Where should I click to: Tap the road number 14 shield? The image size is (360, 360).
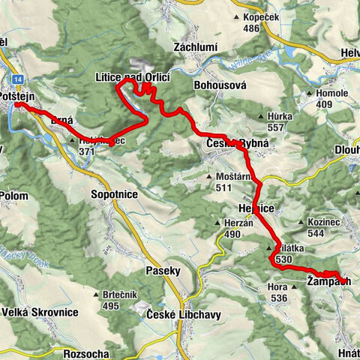point(17,77)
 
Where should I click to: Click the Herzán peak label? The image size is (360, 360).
point(235,223)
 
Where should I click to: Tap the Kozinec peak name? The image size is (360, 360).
point(323,223)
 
